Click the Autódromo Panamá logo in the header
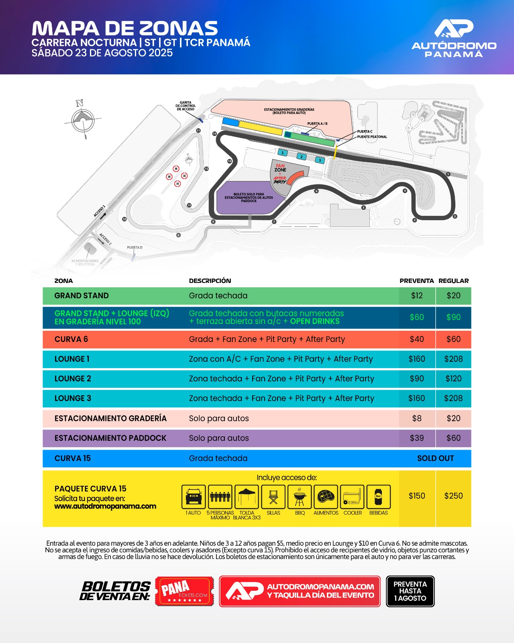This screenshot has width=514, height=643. click(454, 38)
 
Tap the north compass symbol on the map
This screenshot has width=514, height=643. click(83, 119)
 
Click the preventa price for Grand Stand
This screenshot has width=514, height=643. click(417, 296)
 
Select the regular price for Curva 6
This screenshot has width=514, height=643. click(453, 339)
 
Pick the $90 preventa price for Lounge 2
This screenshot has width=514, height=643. click(417, 379)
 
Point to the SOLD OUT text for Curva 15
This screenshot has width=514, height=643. click(435, 458)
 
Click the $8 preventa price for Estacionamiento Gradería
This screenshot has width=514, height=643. click(417, 418)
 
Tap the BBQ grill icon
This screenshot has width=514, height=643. click(300, 497)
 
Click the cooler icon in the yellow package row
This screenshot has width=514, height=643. click(352, 497)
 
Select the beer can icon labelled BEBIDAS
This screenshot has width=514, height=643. click(378, 497)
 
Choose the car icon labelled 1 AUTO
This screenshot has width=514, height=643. click(194, 497)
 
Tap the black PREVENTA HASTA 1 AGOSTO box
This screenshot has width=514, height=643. click(410, 591)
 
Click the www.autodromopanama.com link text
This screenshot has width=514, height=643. click(105, 506)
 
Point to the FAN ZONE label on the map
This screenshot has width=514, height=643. click(280, 168)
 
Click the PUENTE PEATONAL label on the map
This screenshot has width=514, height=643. click(372, 137)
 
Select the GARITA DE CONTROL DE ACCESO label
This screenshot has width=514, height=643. click(186, 106)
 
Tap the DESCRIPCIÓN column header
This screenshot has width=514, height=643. click(210, 281)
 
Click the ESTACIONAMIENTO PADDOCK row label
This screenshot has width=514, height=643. click(110, 438)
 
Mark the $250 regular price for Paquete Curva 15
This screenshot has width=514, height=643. click(453, 496)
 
